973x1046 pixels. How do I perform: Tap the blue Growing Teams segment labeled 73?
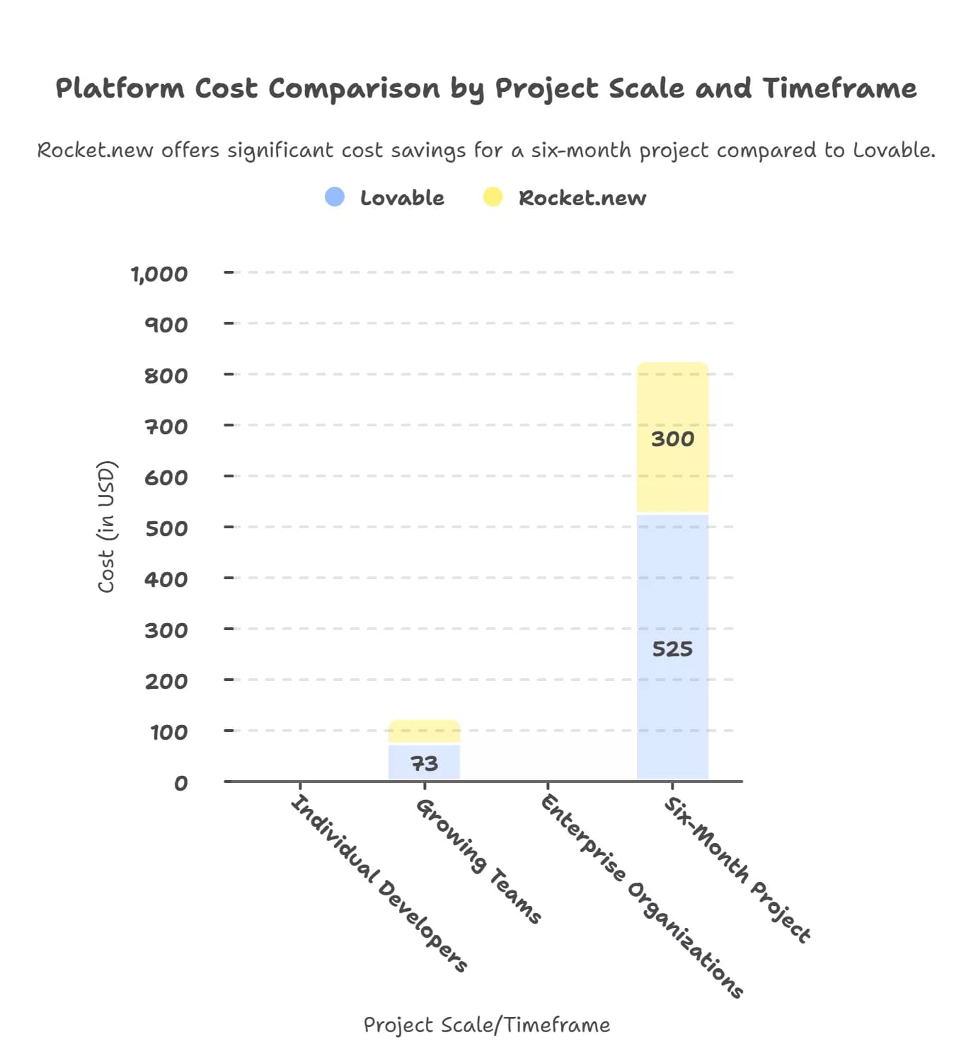click(x=424, y=762)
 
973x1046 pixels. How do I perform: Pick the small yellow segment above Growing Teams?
click(x=424, y=731)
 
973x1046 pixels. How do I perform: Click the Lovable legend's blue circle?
click(x=335, y=197)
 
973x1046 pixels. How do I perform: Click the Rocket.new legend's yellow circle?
click(x=493, y=197)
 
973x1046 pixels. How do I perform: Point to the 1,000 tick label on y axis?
click(x=160, y=274)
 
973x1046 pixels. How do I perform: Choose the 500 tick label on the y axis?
click(x=166, y=528)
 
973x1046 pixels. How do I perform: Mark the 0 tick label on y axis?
click(x=181, y=783)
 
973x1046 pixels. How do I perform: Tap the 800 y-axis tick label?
click(x=166, y=376)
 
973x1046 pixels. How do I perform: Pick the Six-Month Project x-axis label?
click(x=737, y=870)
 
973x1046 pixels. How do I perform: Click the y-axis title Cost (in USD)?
click(x=106, y=527)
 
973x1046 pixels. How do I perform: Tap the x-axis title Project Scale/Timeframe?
click(x=487, y=1025)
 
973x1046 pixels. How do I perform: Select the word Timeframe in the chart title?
click(x=839, y=88)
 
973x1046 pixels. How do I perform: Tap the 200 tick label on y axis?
click(x=166, y=681)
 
